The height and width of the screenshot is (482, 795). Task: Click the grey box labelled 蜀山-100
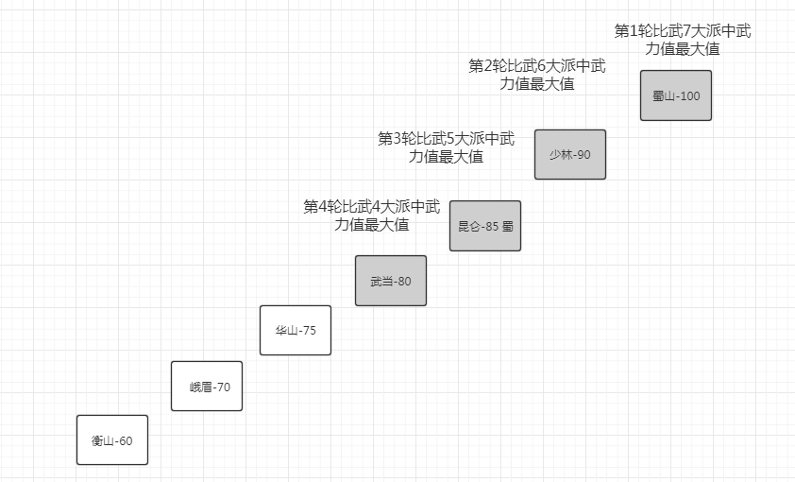675,95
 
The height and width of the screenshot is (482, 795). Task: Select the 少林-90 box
569,154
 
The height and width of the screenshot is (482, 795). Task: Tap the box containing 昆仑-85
484,225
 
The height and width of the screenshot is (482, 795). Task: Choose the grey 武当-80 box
390,281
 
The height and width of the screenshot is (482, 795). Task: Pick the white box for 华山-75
295,330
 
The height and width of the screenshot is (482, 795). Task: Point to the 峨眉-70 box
206,386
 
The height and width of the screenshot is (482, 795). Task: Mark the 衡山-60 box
111,439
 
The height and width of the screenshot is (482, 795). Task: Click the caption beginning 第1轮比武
683,40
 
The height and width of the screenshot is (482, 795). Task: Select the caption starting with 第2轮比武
536,75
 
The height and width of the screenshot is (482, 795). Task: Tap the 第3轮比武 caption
446,147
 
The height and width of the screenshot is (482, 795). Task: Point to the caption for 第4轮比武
371,215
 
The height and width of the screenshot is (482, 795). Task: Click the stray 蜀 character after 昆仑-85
508,226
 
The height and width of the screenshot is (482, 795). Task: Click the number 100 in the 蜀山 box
689,96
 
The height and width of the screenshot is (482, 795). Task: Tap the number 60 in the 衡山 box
125,440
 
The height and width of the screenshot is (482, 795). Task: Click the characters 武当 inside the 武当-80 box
381,282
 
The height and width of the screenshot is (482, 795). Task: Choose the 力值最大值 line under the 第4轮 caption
371,225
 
